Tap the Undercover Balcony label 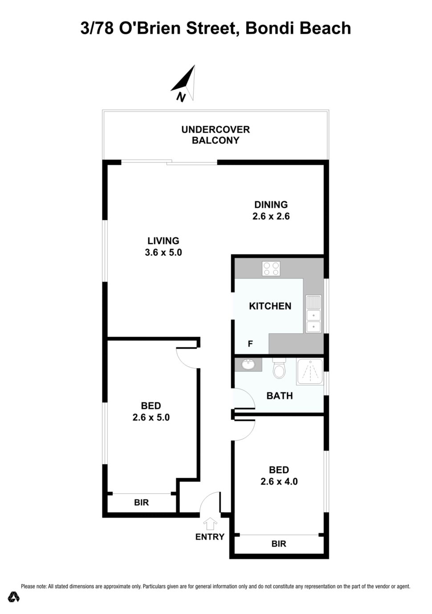coord(215,135)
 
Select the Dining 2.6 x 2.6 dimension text coord(271,216)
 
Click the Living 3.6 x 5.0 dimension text coord(163,252)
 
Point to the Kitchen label coord(270,306)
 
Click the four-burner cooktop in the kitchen coord(271,268)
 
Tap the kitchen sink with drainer coord(314,314)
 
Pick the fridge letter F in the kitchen coord(250,344)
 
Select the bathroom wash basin coord(249,364)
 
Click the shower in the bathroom coord(310,372)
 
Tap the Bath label coord(279,396)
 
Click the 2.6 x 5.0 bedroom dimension coord(151,417)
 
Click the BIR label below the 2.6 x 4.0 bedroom coord(279,544)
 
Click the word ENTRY coord(210,536)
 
